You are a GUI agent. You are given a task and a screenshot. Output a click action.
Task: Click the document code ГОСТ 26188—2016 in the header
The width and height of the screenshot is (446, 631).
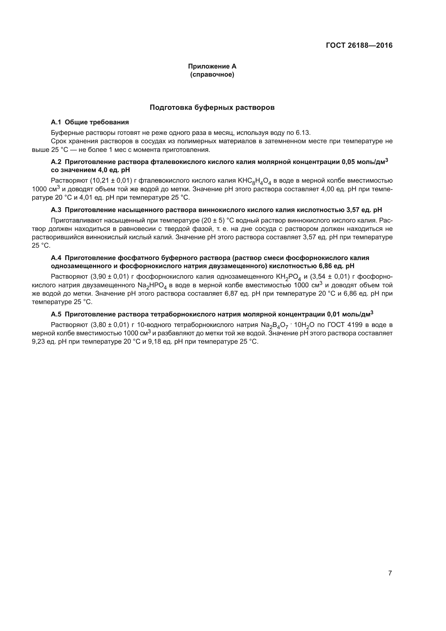click(x=359, y=45)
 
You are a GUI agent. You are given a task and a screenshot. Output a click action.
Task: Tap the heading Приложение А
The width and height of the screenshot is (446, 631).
click(x=212, y=66)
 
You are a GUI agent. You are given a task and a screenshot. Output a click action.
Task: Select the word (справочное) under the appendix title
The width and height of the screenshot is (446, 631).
click(x=212, y=74)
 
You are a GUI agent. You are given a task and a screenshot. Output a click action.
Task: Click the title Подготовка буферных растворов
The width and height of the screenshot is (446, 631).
click(x=212, y=107)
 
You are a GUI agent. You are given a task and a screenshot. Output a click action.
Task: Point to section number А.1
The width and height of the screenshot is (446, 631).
click(x=56, y=122)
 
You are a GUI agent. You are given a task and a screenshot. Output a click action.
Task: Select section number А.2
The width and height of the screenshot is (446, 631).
click(x=56, y=162)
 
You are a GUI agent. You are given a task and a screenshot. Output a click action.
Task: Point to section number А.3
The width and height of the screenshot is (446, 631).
click(x=56, y=210)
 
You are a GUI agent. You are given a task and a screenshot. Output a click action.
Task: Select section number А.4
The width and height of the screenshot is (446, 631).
click(x=56, y=258)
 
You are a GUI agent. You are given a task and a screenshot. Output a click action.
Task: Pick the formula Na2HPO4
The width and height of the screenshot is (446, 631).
click(x=152, y=285)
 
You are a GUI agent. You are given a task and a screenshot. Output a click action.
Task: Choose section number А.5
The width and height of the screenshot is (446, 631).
click(x=56, y=314)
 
